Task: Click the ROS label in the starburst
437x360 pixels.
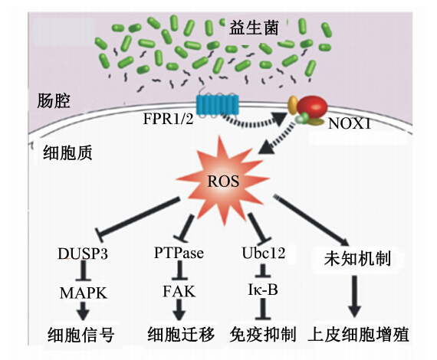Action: [x=223, y=182]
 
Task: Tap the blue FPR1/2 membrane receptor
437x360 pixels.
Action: [x=218, y=105]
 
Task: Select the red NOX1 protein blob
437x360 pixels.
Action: [x=312, y=107]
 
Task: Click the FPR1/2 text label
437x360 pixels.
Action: [x=169, y=119]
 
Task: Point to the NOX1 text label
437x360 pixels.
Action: [x=350, y=123]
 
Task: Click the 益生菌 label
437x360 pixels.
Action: [x=254, y=28]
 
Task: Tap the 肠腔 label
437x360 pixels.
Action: [x=54, y=100]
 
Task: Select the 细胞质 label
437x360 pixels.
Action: [x=67, y=153]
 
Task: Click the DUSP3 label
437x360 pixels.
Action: [x=83, y=254]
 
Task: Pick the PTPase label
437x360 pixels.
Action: [x=179, y=253]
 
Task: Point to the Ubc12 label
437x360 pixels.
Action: [x=264, y=253]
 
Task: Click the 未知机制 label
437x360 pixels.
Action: [x=357, y=259]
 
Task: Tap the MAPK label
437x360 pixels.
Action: [x=84, y=293]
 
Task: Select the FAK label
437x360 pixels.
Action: [x=179, y=292]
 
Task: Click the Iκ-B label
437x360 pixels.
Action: [x=263, y=290]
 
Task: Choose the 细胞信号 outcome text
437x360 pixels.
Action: [x=81, y=335]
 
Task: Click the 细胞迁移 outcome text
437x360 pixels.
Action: [x=181, y=334]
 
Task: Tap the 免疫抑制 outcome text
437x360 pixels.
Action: [x=263, y=334]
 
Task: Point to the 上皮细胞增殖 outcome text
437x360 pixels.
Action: [x=359, y=335]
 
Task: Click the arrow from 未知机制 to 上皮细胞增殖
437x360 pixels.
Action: [x=354, y=296]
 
